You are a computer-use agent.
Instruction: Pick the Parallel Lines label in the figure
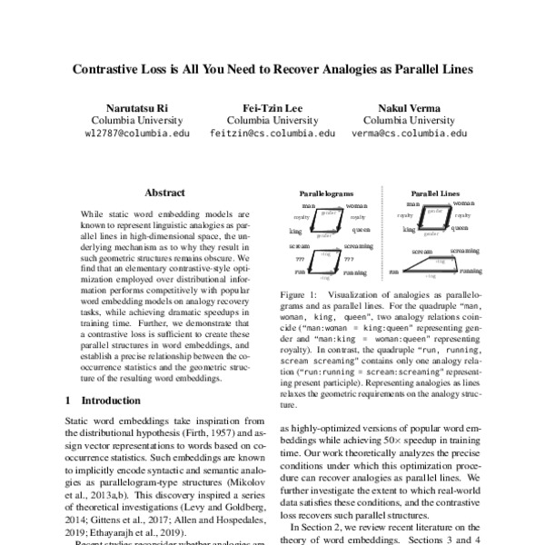(436, 194)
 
